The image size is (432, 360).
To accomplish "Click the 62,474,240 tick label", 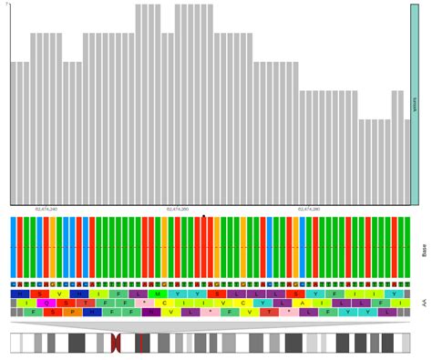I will [x=46, y=209].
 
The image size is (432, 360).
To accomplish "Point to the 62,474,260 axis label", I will [x=178, y=209].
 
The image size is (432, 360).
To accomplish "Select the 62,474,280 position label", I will [x=309, y=209].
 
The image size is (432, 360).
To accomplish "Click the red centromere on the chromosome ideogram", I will [x=115, y=343].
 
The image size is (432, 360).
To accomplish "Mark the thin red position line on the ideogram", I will [x=140, y=343].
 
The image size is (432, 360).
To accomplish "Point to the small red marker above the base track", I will [x=204, y=216].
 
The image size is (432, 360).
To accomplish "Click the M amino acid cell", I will [x=156, y=293].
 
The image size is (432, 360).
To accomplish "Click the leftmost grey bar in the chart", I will [x=15, y=133].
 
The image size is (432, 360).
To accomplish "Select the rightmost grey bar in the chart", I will [x=407, y=162].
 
